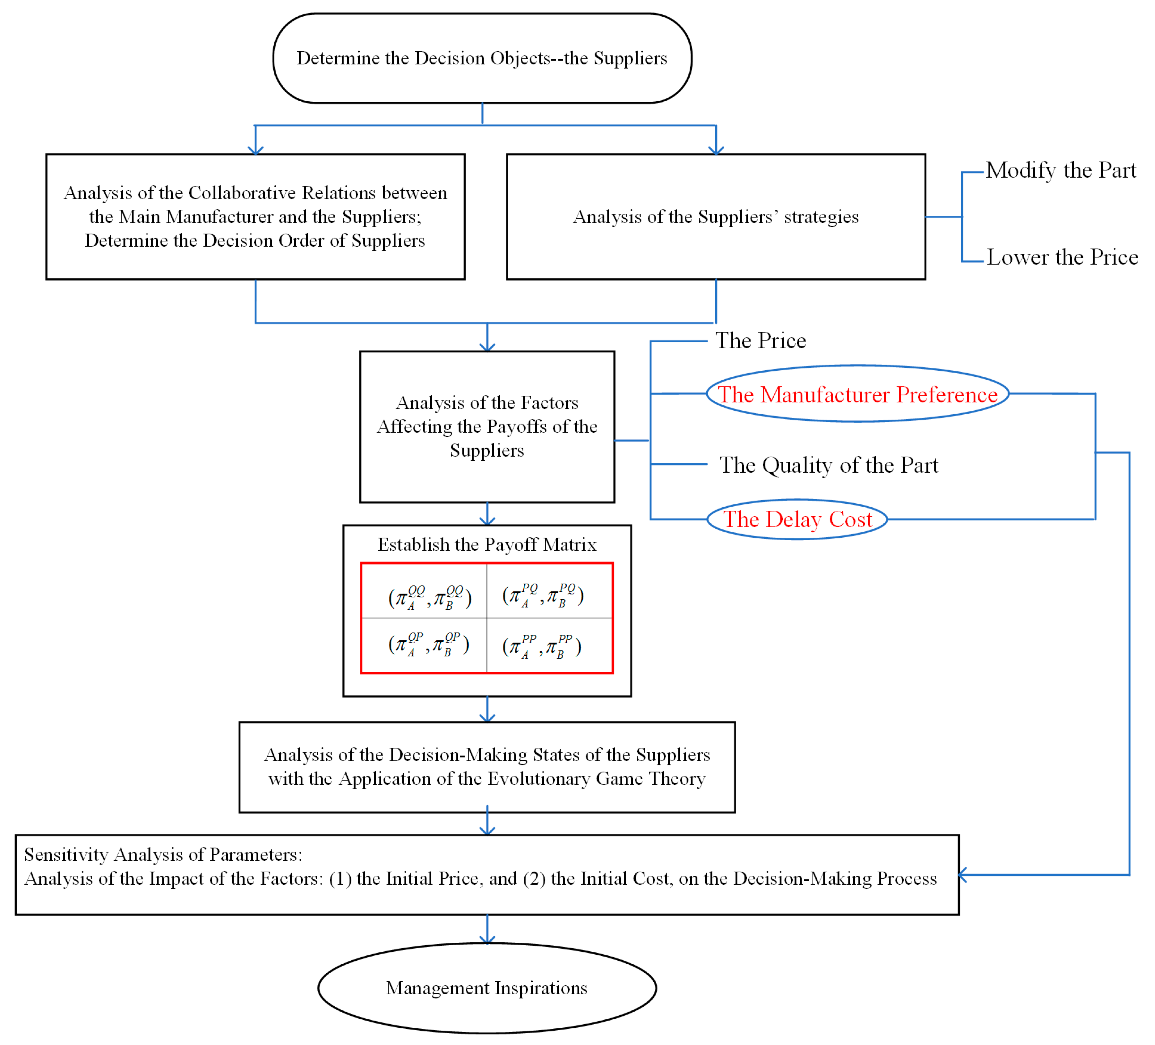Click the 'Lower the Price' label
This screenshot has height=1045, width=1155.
coord(1062,257)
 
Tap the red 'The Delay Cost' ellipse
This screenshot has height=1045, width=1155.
coord(797,519)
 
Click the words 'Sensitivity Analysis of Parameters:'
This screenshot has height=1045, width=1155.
coord(163,854)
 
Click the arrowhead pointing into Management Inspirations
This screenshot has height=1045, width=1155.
coord(487,940)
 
